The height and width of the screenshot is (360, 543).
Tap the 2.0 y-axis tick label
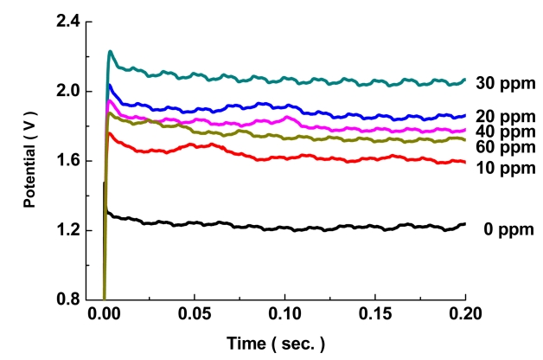66,91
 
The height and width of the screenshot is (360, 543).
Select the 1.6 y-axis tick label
66,161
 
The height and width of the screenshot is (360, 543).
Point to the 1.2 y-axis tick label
66,230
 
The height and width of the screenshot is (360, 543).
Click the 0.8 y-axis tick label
66,299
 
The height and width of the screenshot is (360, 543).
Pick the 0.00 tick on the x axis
104,316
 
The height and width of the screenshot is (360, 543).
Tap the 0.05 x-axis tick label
195,316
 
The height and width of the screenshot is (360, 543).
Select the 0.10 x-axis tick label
285,316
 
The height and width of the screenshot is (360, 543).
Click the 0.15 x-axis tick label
375,316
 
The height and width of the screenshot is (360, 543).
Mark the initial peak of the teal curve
110,52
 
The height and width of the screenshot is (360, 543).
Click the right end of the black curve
464,224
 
